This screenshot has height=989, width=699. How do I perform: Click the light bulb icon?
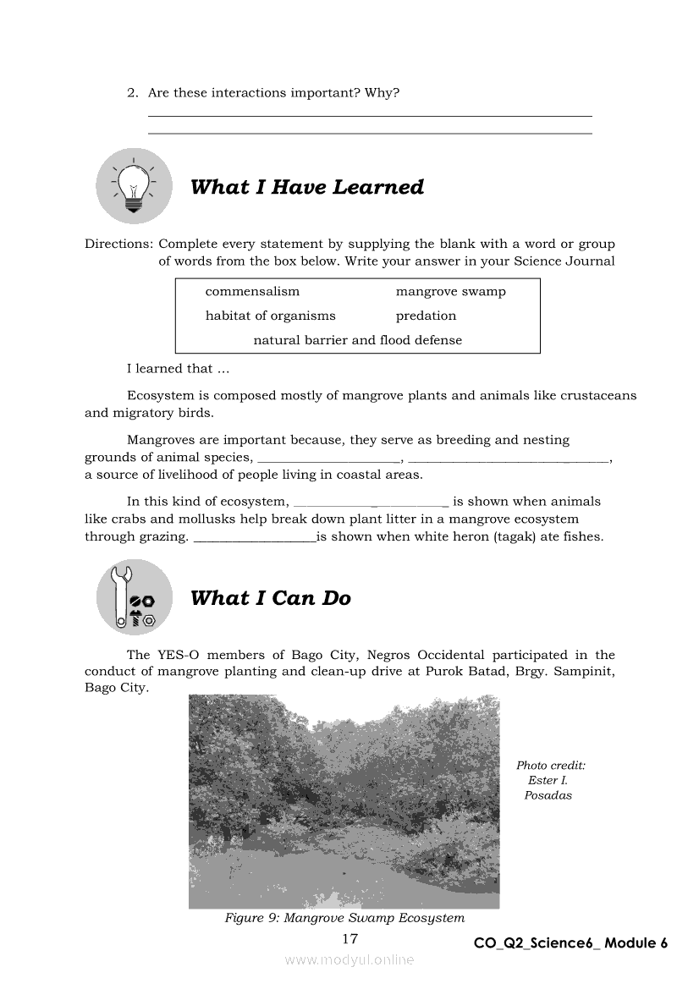134,186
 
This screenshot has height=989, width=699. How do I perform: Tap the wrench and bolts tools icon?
134,597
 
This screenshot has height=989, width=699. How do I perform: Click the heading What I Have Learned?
306,187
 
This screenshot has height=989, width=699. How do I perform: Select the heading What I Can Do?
270,598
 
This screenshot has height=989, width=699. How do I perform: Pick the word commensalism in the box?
252,292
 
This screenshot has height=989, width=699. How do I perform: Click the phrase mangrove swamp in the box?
450,292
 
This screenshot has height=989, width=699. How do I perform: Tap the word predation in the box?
426,316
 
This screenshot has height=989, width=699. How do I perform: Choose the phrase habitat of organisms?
270,316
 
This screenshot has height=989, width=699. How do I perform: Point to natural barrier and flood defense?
358,340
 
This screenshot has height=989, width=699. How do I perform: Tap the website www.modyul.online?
349,960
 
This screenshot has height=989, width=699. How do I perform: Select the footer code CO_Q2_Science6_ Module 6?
571,943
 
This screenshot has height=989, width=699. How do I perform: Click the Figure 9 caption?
344,918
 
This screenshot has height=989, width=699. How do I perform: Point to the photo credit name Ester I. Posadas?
548,788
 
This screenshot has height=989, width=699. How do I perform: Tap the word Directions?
118,245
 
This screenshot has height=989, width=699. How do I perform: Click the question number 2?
132,93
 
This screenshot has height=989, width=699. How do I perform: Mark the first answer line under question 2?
370,116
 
